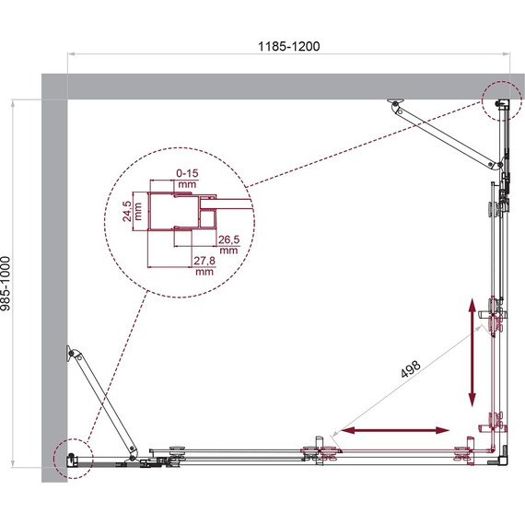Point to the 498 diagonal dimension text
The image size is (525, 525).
411,368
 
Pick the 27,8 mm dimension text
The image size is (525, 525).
204,267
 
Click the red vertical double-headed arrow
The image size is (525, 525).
472,353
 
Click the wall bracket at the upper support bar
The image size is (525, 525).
396,104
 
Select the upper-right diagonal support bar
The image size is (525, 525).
448,136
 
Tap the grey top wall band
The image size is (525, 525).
276,86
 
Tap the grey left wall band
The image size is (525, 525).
53,276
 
